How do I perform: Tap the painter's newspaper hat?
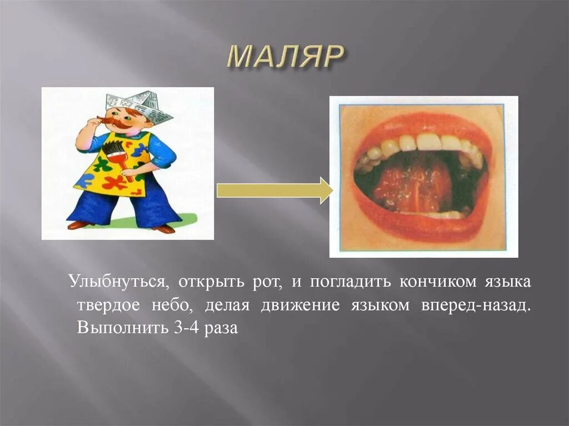[x=139, y=106]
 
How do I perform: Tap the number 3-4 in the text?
[x=184, y=328]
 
